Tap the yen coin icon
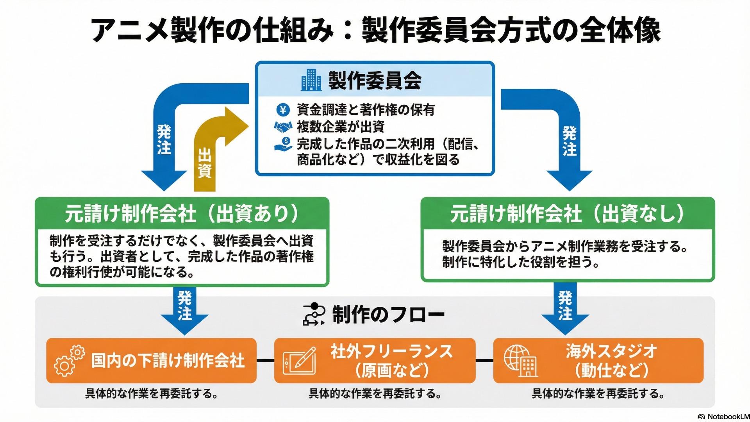283,110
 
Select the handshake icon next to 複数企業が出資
283,127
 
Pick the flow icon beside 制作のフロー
314,315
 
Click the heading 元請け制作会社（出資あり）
182,214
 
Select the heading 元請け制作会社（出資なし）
568,214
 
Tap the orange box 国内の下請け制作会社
151,360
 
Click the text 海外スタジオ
611,352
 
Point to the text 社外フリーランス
391,352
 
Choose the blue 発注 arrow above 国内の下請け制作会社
184,311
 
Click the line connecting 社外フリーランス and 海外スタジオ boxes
484,360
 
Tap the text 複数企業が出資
341,127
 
